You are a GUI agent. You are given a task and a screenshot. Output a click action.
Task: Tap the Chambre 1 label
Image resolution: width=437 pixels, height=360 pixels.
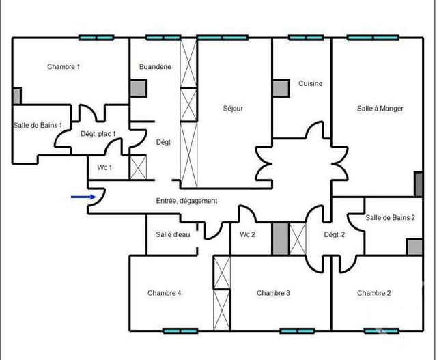tap(64, 67)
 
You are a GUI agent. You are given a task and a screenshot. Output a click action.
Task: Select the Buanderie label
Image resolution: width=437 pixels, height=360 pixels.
tap(155, 67)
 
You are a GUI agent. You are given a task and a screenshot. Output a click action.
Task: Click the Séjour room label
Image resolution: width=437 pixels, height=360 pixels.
tap(233, 108)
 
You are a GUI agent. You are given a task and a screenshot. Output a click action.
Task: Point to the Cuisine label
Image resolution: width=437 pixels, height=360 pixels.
tap(310, 84)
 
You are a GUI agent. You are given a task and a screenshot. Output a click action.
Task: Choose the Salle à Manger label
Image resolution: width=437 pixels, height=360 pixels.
tap(380, 108)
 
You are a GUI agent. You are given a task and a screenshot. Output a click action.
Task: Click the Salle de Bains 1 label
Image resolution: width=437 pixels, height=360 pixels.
tap(38, 125)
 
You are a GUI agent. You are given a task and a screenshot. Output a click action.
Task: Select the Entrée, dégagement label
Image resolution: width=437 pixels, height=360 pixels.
tap(186, 201)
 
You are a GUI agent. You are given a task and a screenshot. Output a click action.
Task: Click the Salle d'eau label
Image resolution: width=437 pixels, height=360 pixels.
tap(173, 235)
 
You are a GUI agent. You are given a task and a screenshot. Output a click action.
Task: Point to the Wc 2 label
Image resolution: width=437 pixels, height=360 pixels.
tap(247, 235)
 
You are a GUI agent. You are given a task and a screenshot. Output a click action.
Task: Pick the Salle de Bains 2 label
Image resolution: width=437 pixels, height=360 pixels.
tap(390, 218)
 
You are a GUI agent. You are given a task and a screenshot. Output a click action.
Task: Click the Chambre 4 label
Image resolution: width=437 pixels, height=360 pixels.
tap(164, 293)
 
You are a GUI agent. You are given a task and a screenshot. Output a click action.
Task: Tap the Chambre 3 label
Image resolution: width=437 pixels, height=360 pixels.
tap(274, 293)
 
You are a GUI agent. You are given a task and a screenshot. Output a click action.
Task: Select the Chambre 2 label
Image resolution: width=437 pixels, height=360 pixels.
tap(374, 293)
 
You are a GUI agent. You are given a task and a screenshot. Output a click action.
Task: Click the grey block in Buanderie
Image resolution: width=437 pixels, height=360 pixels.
tap(139, 87)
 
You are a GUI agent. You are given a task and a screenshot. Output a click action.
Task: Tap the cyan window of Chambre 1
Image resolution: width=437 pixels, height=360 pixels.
tap(96, 38)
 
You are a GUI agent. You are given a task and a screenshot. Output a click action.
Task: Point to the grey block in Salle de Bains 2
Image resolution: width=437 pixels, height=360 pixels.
tap(414, 247)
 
